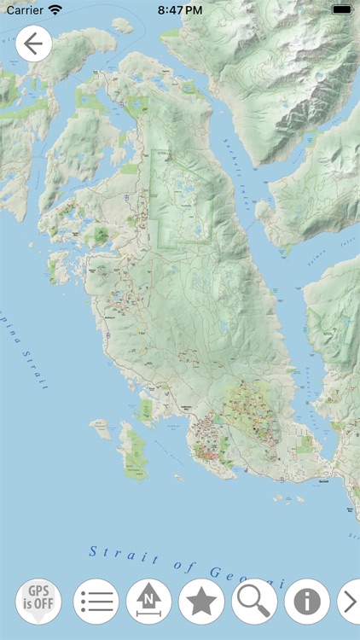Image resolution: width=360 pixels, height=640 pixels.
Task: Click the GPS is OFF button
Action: tap(38, 602)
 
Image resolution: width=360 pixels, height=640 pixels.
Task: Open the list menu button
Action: tap(96, 602)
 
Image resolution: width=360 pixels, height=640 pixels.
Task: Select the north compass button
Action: tap(148, 602)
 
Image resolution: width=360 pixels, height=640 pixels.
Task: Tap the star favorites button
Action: tap(201, 602)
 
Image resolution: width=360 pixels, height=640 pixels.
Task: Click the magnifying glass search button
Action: tap(253, 602)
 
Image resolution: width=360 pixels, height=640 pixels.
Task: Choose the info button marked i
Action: tap(306, 602)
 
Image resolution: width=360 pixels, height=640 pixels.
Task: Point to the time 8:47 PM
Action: tap(180, 10)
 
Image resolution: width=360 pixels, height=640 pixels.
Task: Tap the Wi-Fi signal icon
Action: tap(55, 10)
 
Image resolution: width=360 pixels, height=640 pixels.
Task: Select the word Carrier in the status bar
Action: tap(24, 10)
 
